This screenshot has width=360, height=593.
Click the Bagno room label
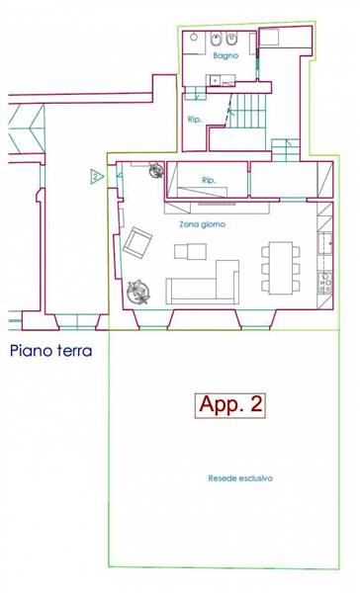(225, 55)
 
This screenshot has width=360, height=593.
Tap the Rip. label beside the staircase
(195, 120)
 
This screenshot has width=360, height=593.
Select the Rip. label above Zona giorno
(209, 181)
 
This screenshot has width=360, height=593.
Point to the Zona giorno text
(202, 224)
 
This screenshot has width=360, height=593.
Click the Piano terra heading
(51, 351)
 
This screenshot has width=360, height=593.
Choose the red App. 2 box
(230, 405)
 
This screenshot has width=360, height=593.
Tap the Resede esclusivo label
(240, 478)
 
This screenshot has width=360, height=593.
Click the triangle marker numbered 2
(97, 176)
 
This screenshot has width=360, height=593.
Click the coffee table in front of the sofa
(191, 251)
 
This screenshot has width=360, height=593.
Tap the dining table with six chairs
(281, 268)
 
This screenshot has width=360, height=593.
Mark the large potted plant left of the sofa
(138, 292)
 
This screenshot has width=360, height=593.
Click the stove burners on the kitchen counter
(325, 283)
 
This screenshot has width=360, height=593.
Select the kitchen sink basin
(325, 243)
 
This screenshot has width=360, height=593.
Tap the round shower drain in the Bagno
(194, 38)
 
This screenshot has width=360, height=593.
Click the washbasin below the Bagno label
(215, 80)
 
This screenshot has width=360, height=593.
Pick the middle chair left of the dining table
(265, 268)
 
